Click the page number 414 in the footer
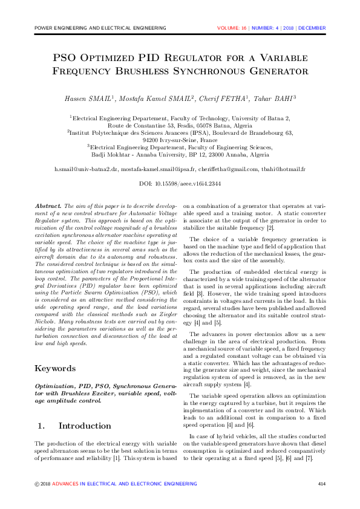tap(322, 484)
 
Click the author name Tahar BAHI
tap(272, 99)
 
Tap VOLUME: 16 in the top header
tap(231, 28)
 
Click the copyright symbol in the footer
tap(38, 484)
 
